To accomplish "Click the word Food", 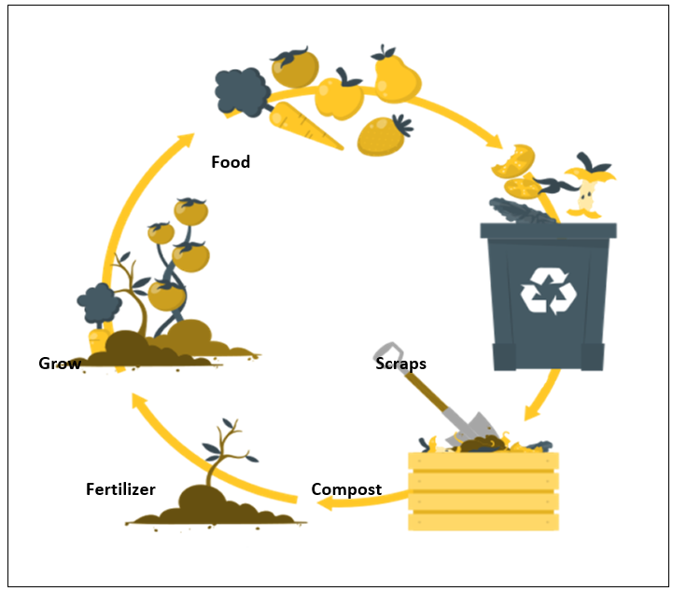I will (231, 162).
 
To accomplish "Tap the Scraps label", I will (400, 364).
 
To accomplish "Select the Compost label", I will (346, 489).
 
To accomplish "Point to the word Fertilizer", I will (120, 489).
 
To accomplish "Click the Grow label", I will (60, 364).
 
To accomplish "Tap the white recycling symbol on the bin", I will (549, 290).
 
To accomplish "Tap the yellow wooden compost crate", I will (484, 490).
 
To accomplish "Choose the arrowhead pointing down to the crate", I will (530, 411).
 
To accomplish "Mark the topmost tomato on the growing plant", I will (191, 211).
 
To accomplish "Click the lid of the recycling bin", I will (549, 229).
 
